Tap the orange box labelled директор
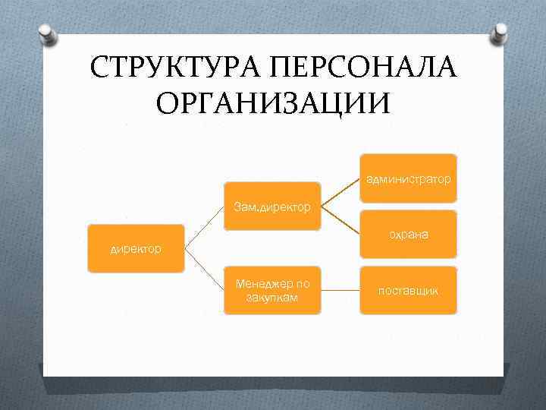pos(136,248)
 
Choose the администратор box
pos(409,180)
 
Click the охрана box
pos(409,235)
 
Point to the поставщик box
pos(409,291)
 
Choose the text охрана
pos(409,235)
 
